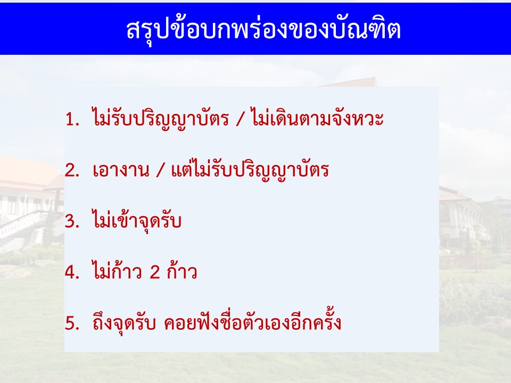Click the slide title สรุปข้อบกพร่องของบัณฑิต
263,30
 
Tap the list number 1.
72,119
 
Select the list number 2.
72,170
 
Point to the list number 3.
72,221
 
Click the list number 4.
72,272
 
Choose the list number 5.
72,323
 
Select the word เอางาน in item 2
121,170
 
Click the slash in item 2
160,170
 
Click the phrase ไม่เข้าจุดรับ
137,220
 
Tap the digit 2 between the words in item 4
155,272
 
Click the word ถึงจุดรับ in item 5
124,322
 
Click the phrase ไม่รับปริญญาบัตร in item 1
161,119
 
